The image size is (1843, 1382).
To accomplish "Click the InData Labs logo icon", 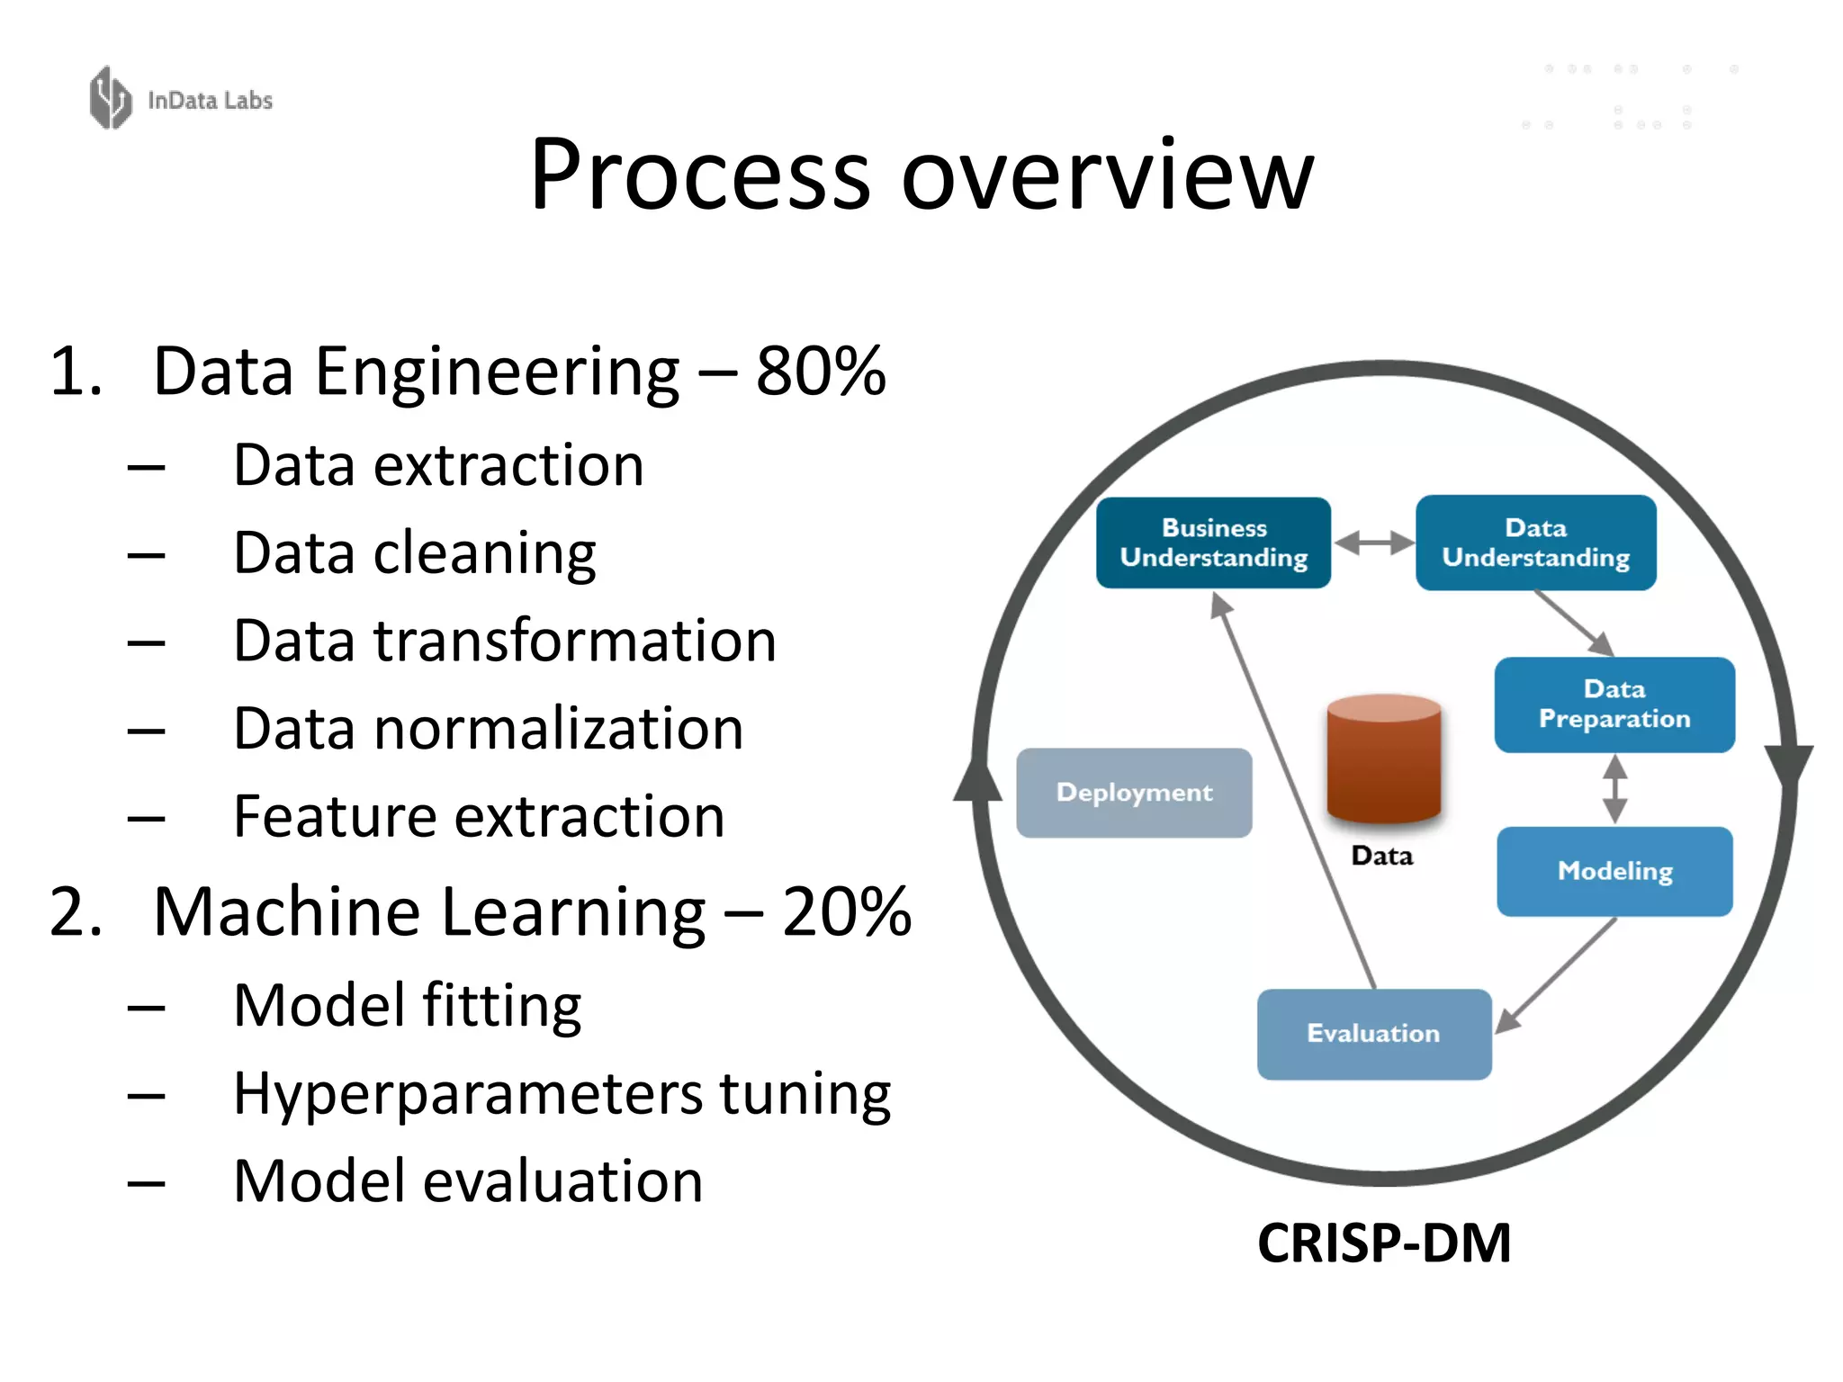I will coord(111,98).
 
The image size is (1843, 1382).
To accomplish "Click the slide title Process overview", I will coord(921,175).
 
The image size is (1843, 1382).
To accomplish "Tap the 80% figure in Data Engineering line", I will coord(821,372).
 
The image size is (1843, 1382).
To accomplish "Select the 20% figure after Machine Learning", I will coord(846,912).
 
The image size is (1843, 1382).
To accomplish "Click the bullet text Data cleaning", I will coord(414,552).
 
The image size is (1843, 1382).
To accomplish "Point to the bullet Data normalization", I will coord(488,728).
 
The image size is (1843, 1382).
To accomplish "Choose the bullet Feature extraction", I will coord(479,816).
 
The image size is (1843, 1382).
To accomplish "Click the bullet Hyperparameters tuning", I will coord(562,1094).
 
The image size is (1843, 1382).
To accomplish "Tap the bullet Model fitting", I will coord(407,1005).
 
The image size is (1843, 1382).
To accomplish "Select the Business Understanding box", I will coord(1213,543).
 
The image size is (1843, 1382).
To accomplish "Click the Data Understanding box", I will coord(1535,543).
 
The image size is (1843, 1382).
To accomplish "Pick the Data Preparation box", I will coord(1614,704).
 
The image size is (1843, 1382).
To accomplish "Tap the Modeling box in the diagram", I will coord(1614,871).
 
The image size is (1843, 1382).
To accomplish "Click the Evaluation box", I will coord(1373,1034).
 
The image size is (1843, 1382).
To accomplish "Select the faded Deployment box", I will coord(1134,793).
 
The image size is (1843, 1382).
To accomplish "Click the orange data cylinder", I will coord(1383,758).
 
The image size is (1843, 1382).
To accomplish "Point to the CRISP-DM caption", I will coord(1383,1243).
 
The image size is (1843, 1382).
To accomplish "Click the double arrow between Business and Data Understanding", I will coord(1373,543).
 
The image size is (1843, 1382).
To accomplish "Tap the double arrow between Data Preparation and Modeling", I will coord(1615,789).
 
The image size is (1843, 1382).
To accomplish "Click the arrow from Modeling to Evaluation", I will coord(1557,974).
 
